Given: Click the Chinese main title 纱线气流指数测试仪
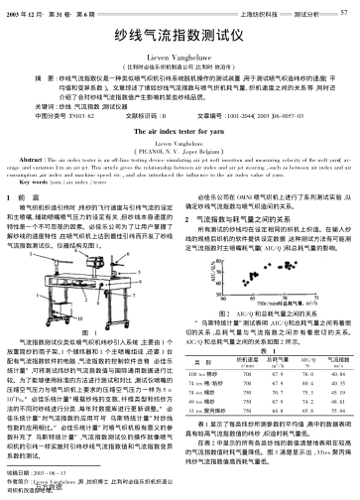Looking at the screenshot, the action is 180,33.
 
